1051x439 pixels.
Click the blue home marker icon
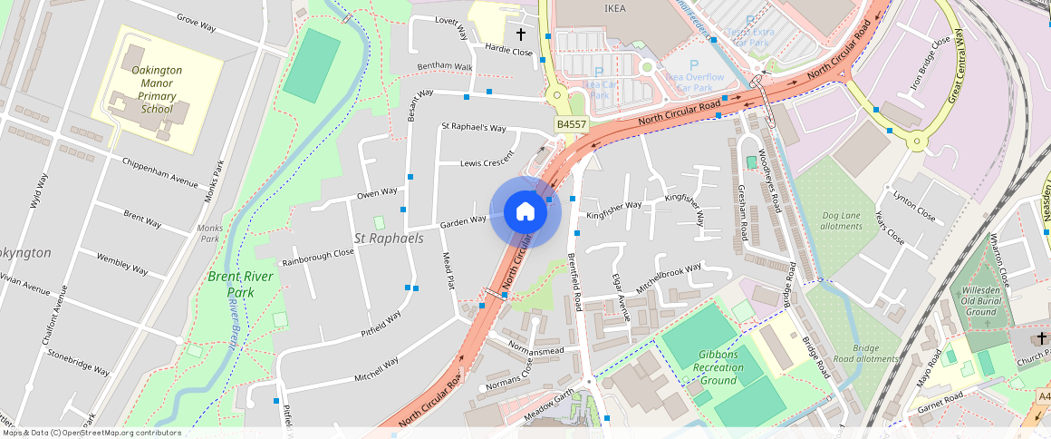pyautogui.click(x=525, y=213)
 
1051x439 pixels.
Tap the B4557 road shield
pyautogui.click(x=572, y=124)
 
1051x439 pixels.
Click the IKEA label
pyautogui.click(x=615, y=8)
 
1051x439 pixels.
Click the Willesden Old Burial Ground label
pyautogui.click(x=980, y=301)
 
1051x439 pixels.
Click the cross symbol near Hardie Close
pyautogui.click(x=521, y=34)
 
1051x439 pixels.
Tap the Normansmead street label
pyautogui.click(x=536, y=349)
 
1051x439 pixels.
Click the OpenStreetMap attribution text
pyautogui.click(x=91, y=433)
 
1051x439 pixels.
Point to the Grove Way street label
pyautogui.click(x=197, y=22)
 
